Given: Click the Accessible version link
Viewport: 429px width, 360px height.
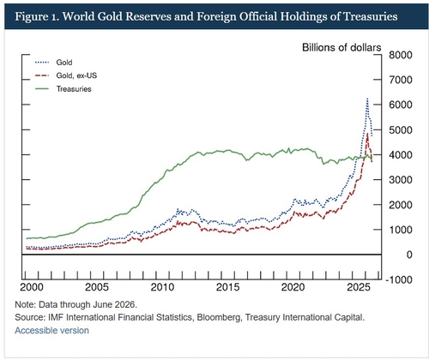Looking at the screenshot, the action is (x=51, y=331).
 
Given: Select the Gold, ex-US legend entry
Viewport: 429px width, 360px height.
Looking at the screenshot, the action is (x=66, y=75).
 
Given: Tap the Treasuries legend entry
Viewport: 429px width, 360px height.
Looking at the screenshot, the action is (x=63, y=89).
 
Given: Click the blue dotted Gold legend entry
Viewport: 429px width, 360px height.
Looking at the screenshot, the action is (x=54, y=63).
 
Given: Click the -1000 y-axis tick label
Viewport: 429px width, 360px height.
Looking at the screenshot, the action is (x=399, y=279).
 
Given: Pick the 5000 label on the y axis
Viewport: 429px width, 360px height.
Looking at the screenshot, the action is (x=401, y=130).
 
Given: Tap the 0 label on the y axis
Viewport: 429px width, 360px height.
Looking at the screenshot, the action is (x=409, y=255).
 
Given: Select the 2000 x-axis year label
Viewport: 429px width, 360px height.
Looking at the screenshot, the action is (x=32, y=287).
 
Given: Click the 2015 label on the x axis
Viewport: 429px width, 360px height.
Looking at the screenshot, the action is (x=228, y=287).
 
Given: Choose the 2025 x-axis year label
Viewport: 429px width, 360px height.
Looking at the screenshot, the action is (x=359, y=287).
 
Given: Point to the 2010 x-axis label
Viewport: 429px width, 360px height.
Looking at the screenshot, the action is (x=162, y=287).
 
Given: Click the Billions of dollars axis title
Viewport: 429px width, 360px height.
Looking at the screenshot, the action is (x=341, y=47).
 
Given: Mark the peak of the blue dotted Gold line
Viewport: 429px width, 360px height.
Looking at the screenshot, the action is (x=367, y=99).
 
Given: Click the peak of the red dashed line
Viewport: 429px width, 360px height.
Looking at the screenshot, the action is (x=367, y=134).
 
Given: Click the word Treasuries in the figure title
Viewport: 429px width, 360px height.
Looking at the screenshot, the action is (x=371, y=16).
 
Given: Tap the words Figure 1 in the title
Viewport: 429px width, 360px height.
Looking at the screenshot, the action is (x=36, y=16).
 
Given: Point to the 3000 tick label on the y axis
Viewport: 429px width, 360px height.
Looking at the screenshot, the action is (x=401, y=180).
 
